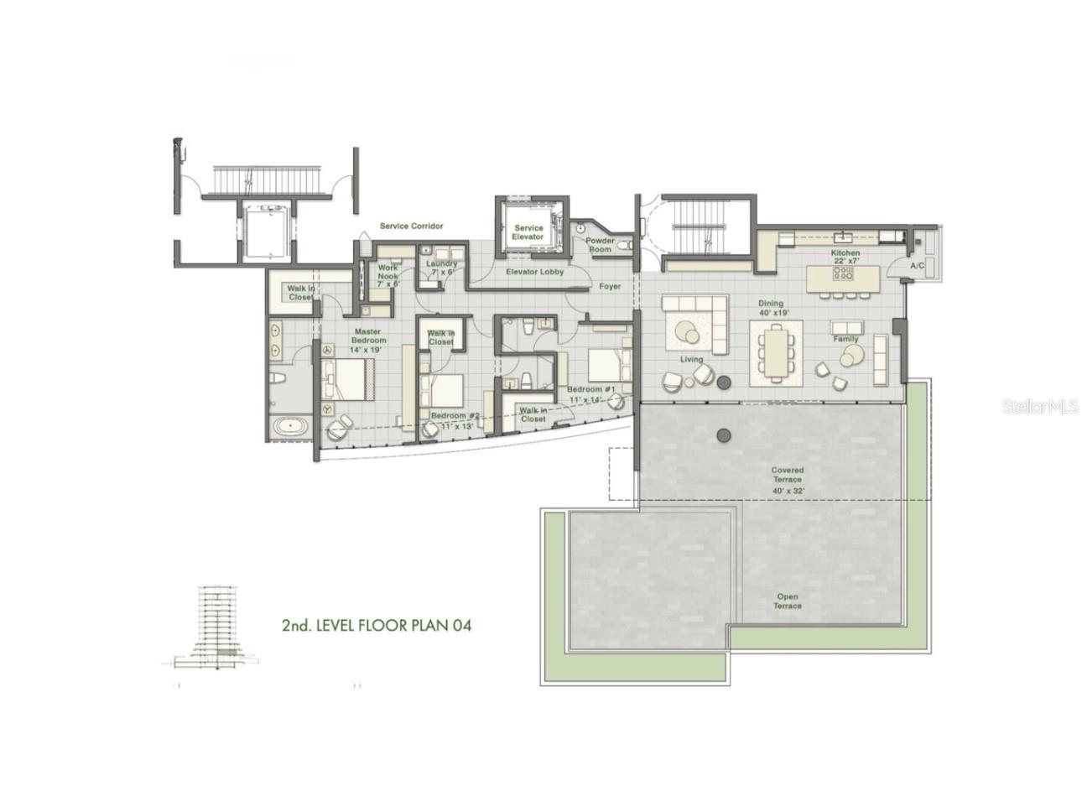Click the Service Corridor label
[411, 226]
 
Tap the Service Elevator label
[528, 232]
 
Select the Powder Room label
[600, 245]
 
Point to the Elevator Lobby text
[534, 272]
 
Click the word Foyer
[610, 287]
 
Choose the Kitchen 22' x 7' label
[845, 257]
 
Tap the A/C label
[918, 266]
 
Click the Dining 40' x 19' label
[770, 308]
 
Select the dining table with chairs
[776, 352]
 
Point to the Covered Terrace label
[787, 480]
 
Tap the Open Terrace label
[787, 601]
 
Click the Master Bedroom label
[368, 341]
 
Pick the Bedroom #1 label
[591, 394]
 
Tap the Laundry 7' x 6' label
[441, 268]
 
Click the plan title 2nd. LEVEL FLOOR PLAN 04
[382, 625]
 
